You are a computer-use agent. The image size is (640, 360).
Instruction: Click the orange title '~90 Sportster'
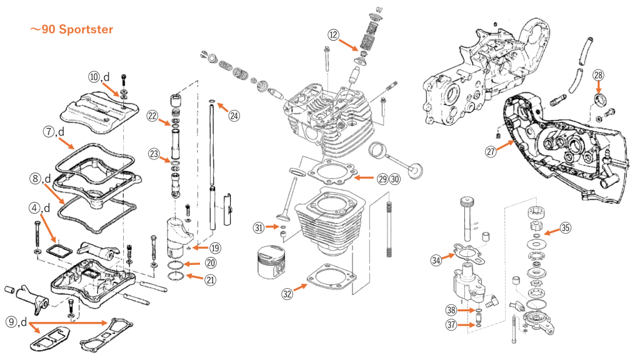(71, 29)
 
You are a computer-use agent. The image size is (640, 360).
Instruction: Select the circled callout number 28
(598, 76)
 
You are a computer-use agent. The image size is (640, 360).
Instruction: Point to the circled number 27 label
(492, 151)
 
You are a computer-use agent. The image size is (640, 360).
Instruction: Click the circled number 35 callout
(565, 227)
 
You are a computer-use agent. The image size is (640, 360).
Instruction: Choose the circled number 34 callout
(436, 259)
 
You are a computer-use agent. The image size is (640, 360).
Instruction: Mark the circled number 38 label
(451, 310)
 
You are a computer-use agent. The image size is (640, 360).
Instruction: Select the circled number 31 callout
(259, 227)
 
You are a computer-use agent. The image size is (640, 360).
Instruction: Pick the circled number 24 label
(234, 115)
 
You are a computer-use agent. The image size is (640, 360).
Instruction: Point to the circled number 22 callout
(152, 115)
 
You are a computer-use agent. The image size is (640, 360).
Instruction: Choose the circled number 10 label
(94, 77)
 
